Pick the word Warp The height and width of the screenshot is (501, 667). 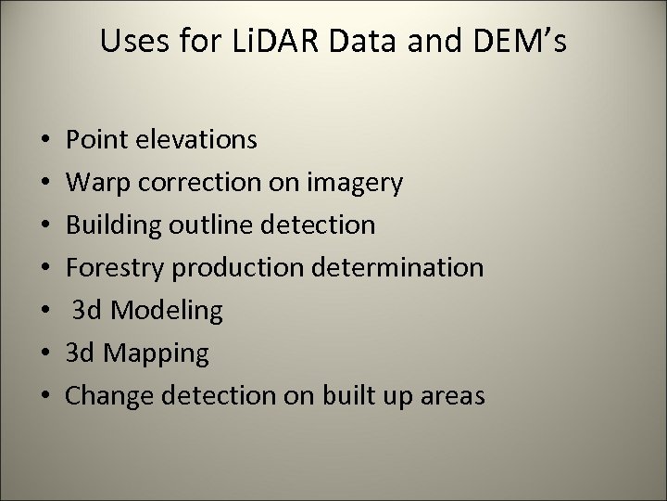[x=97, y=183]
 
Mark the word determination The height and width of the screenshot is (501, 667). [x=407, y=268]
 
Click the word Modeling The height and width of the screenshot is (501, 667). [x=168, y=311]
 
